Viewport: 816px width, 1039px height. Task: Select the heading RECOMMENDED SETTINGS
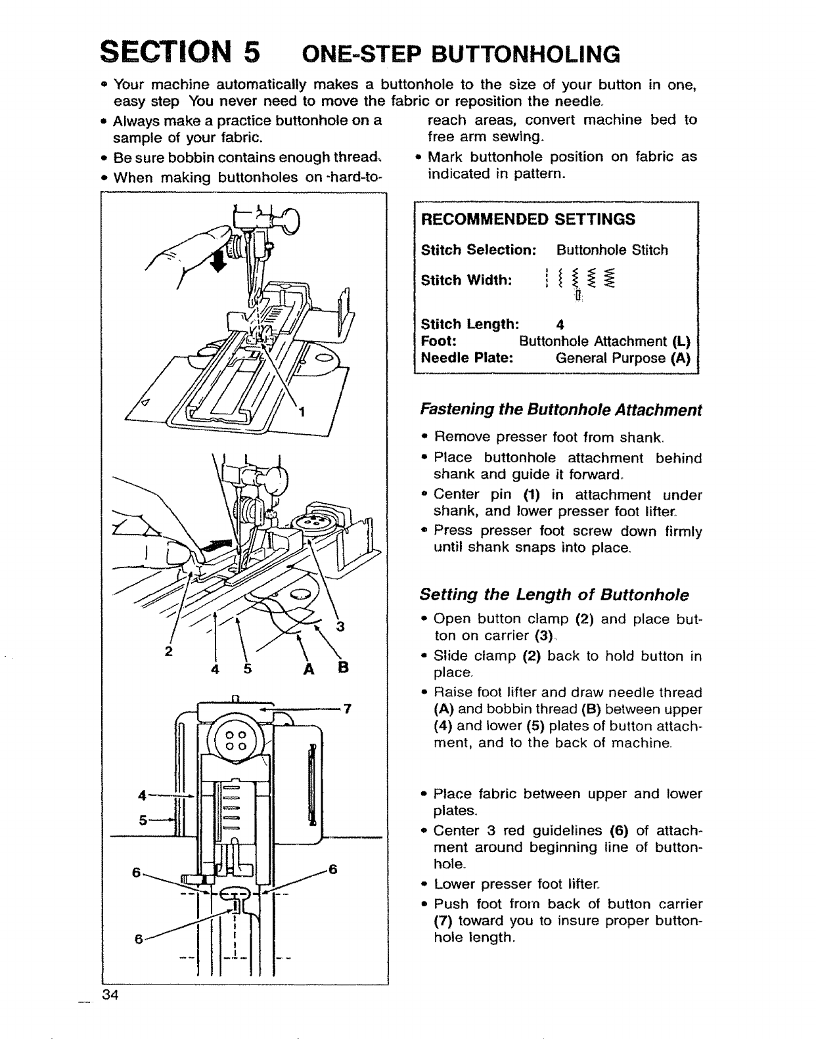[x=528, y=219]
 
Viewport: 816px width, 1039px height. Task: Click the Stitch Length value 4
[x=560, y=324]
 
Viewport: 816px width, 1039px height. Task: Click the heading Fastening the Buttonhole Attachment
[x=561, y=410]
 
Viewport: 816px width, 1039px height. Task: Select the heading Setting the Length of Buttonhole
[x=555, y=595]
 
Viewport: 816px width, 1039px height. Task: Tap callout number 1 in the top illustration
[x=302, y=412]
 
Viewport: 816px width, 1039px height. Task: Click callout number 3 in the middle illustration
[x=340, y=626]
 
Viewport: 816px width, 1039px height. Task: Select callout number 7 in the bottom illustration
[x=348, y=709]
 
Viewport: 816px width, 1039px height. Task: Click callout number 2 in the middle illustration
[x=169, y=652]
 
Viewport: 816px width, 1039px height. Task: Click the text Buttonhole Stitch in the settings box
[x=612, y=250]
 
